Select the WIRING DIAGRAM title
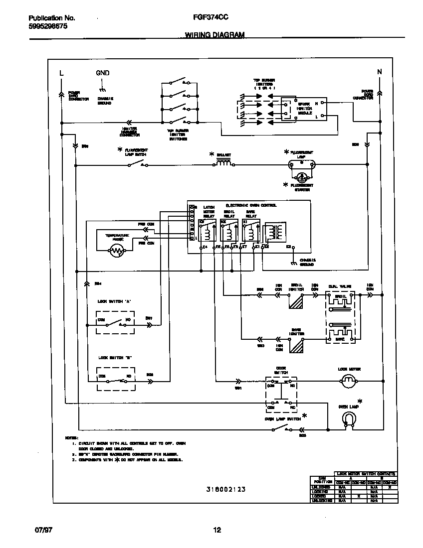215,35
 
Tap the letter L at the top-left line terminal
61,73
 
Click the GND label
102,73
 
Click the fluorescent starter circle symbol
301,176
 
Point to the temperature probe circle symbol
117,252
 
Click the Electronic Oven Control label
251,205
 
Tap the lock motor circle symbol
349,382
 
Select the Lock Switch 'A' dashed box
115,323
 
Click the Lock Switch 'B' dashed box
115,380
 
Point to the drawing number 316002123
225,489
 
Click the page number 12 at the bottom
217,530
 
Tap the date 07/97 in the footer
44,530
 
